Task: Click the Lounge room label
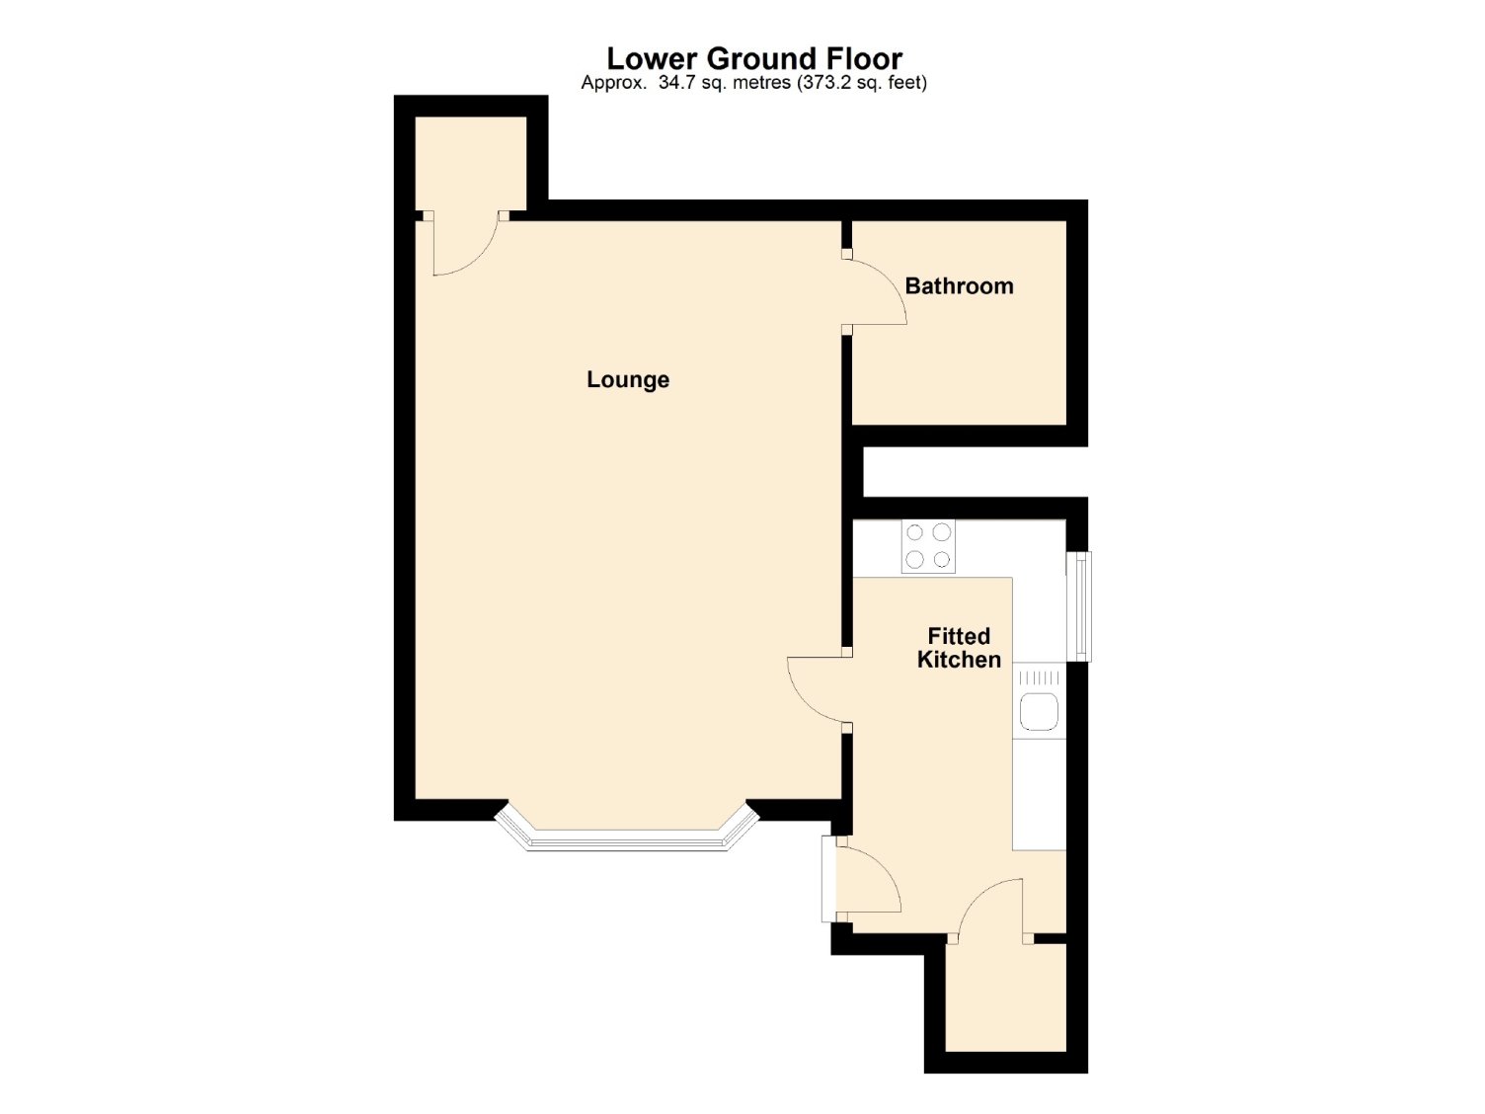point(627,379)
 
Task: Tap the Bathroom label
point(959,286)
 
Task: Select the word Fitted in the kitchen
point(959,636)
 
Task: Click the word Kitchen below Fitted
point(959,660)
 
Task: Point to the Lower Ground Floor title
point(753,59)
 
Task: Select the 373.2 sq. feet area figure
point(860,83)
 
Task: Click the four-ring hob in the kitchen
point(927,546)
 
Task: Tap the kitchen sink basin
point(1039,712)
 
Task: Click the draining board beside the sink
point(1039,677)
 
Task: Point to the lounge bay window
point(626,838)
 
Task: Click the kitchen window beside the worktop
point(1078,606)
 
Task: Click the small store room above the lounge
point(470,163)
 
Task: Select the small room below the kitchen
point(1005,997)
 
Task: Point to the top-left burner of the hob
point(914,533)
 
